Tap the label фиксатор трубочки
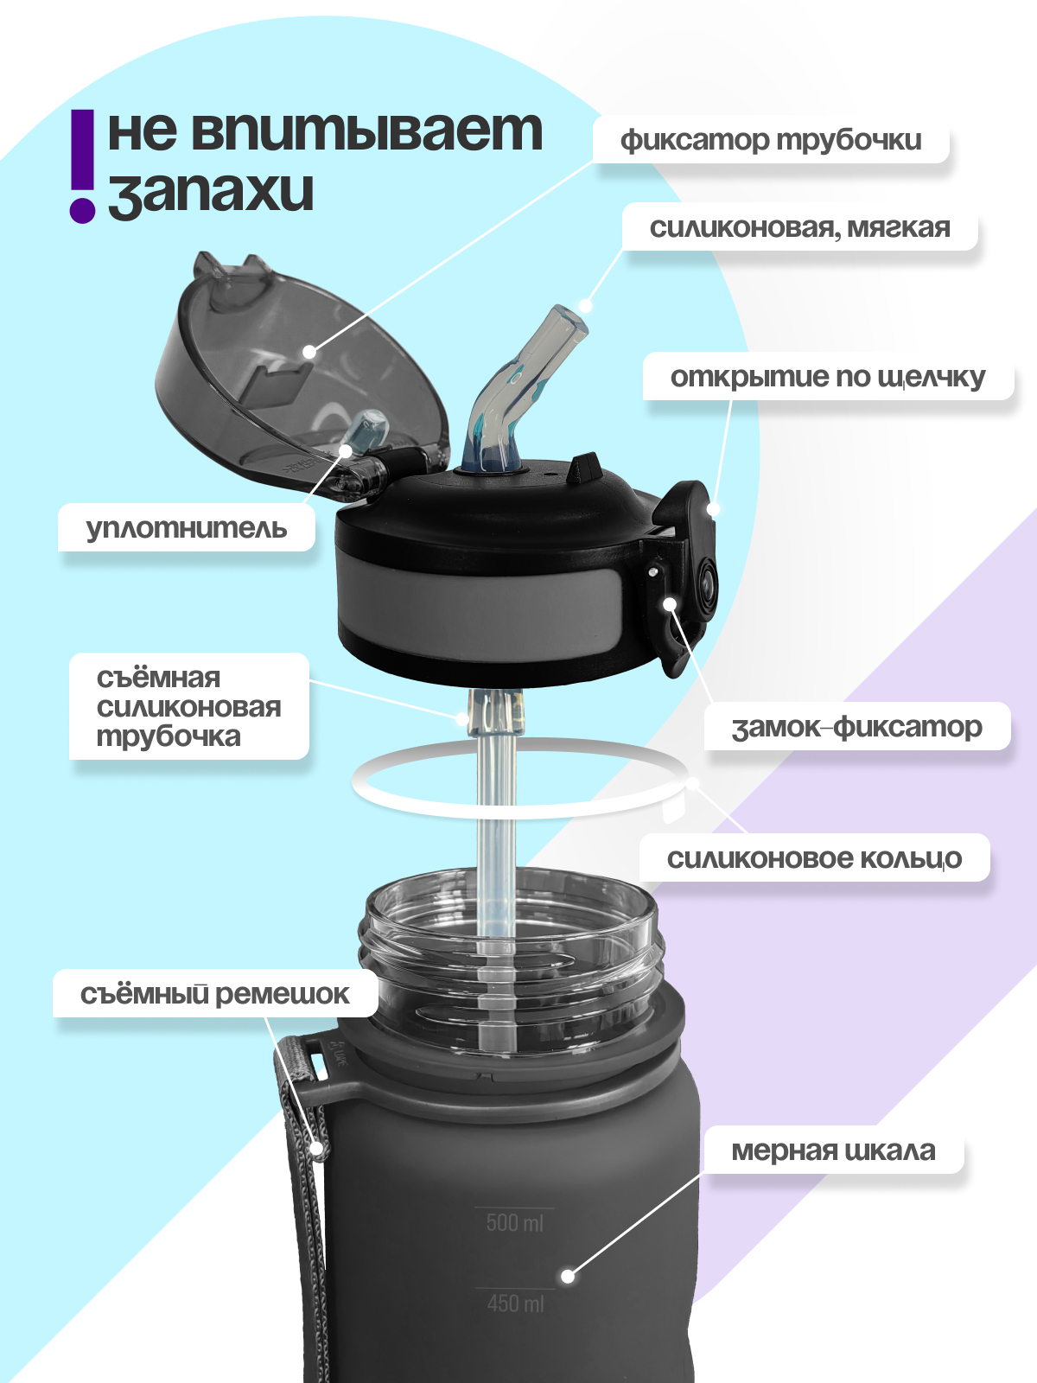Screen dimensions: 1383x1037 [771, 140]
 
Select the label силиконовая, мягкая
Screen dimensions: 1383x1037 [799, 228]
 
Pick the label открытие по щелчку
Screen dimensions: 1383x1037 [827, 377]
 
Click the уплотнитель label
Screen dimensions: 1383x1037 [186, 527]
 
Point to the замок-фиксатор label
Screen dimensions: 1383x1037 [856, 727]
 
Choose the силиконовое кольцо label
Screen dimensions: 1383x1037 [813, 858]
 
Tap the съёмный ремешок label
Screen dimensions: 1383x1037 [214, 994]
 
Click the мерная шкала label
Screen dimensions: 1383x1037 [833, 1150]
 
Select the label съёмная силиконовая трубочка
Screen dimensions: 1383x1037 [188, 707]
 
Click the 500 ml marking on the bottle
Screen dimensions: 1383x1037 [514, 1222]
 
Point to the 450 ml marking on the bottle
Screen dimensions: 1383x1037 [515, 1303]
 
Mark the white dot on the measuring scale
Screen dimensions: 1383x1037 [568, 1276]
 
